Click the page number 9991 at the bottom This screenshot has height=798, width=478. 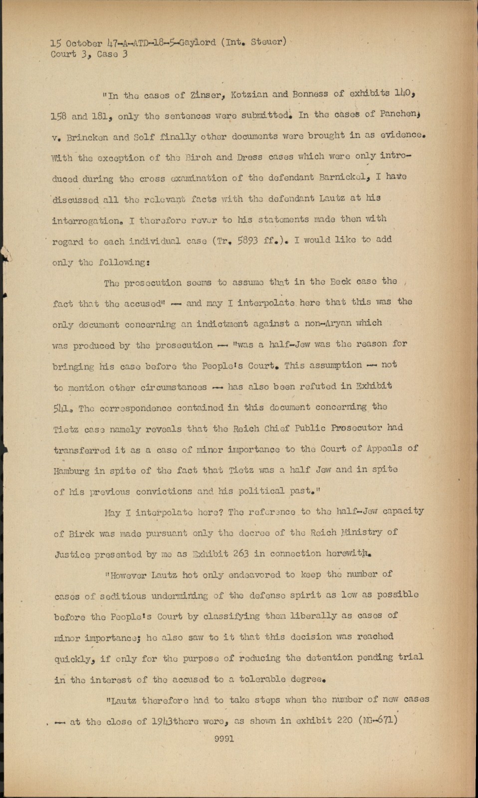224,739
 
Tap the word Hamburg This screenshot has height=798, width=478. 72,470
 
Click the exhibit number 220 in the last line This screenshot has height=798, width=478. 342,720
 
